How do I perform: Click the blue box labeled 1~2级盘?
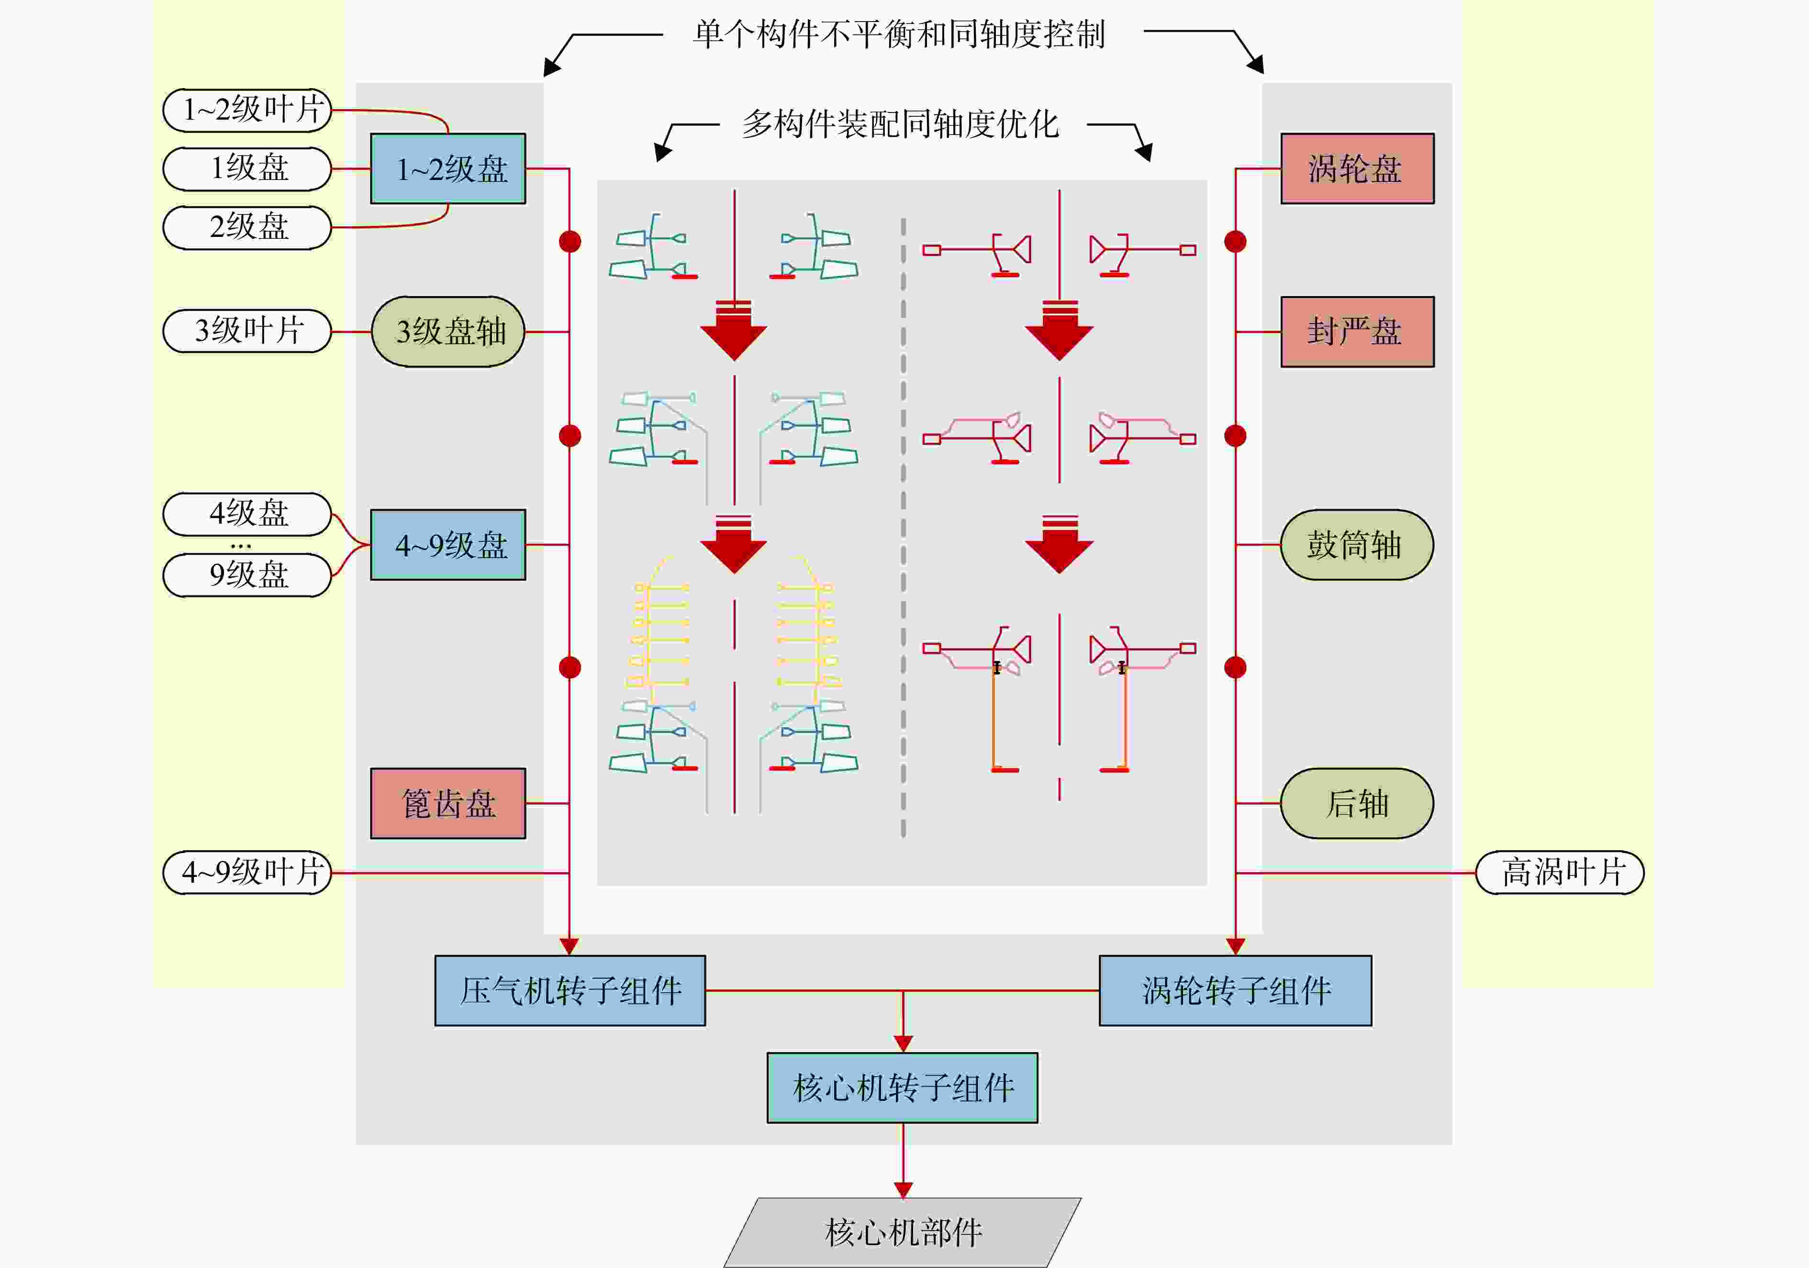[447, 168]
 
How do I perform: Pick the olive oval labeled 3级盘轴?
[447, 332]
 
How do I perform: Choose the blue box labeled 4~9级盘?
[447, 545]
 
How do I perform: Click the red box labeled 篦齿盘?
[447, 803]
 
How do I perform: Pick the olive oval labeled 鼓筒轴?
[1357, 545]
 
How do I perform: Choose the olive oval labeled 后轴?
[1357, 803]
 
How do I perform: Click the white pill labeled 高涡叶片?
[1560, 873]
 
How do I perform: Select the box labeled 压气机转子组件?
[569, 990]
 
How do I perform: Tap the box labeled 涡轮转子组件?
[1235, 990]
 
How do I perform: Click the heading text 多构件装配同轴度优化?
[901, 124]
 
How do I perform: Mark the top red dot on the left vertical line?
[569, 241]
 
